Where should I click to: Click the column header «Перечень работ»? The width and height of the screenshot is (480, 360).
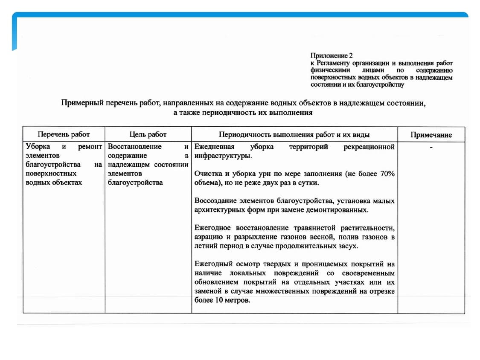(64, 135)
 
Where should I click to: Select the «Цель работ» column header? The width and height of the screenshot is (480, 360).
(148, 135)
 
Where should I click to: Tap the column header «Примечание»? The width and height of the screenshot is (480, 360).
(431, 135)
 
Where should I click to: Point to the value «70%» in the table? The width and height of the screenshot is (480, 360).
(386, 174)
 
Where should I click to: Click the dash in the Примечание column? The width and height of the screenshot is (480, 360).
(431, 147)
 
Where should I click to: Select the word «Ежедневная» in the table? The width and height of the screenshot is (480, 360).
(214, 147)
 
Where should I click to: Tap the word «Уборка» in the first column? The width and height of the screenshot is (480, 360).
(38, 147)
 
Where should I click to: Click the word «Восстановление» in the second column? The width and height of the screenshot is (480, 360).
(134, 147)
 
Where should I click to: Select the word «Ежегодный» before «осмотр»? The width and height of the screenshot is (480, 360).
(213, 264)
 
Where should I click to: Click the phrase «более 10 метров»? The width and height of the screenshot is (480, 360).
(221, 300)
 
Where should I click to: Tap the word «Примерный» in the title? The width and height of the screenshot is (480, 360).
(82, 103)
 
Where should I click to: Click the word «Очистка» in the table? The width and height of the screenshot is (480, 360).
(208, 174)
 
